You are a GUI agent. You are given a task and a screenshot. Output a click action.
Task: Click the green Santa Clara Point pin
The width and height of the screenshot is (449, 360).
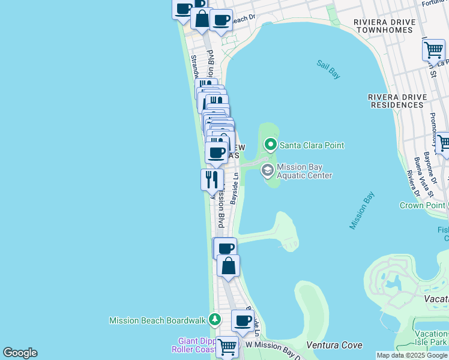(x=271, y=145)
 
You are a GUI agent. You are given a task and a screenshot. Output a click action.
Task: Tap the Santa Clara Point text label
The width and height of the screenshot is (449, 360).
(x=312, y=145)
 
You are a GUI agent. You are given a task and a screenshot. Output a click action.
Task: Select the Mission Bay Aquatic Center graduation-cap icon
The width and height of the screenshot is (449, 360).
(x=267, y=171)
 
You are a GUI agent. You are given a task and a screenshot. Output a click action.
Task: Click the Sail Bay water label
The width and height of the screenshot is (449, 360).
(x=328, y=69)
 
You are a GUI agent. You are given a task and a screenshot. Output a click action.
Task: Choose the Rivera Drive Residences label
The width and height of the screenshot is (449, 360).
(x=396, y=100)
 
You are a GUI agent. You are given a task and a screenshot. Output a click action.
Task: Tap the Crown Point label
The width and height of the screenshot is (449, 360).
(x=423, y=205)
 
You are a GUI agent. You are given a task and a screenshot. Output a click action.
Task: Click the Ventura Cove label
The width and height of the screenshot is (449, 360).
(x=334, y=345)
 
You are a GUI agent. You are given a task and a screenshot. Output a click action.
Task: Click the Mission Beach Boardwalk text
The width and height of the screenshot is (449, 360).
(x=157, y=321)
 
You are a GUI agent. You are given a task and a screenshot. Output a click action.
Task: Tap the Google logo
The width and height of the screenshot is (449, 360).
(x=20, y=353)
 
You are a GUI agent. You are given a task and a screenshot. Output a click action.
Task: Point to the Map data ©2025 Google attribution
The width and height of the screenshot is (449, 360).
(x=412, y=355)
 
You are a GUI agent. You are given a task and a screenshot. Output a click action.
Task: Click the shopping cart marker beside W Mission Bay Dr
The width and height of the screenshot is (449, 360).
(x=227, y=346)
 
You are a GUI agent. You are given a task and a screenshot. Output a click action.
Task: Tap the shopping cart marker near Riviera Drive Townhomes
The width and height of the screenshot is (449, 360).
(x=433, y=50)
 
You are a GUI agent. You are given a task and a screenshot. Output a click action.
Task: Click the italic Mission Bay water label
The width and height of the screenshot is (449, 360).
(x=362, y=211)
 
